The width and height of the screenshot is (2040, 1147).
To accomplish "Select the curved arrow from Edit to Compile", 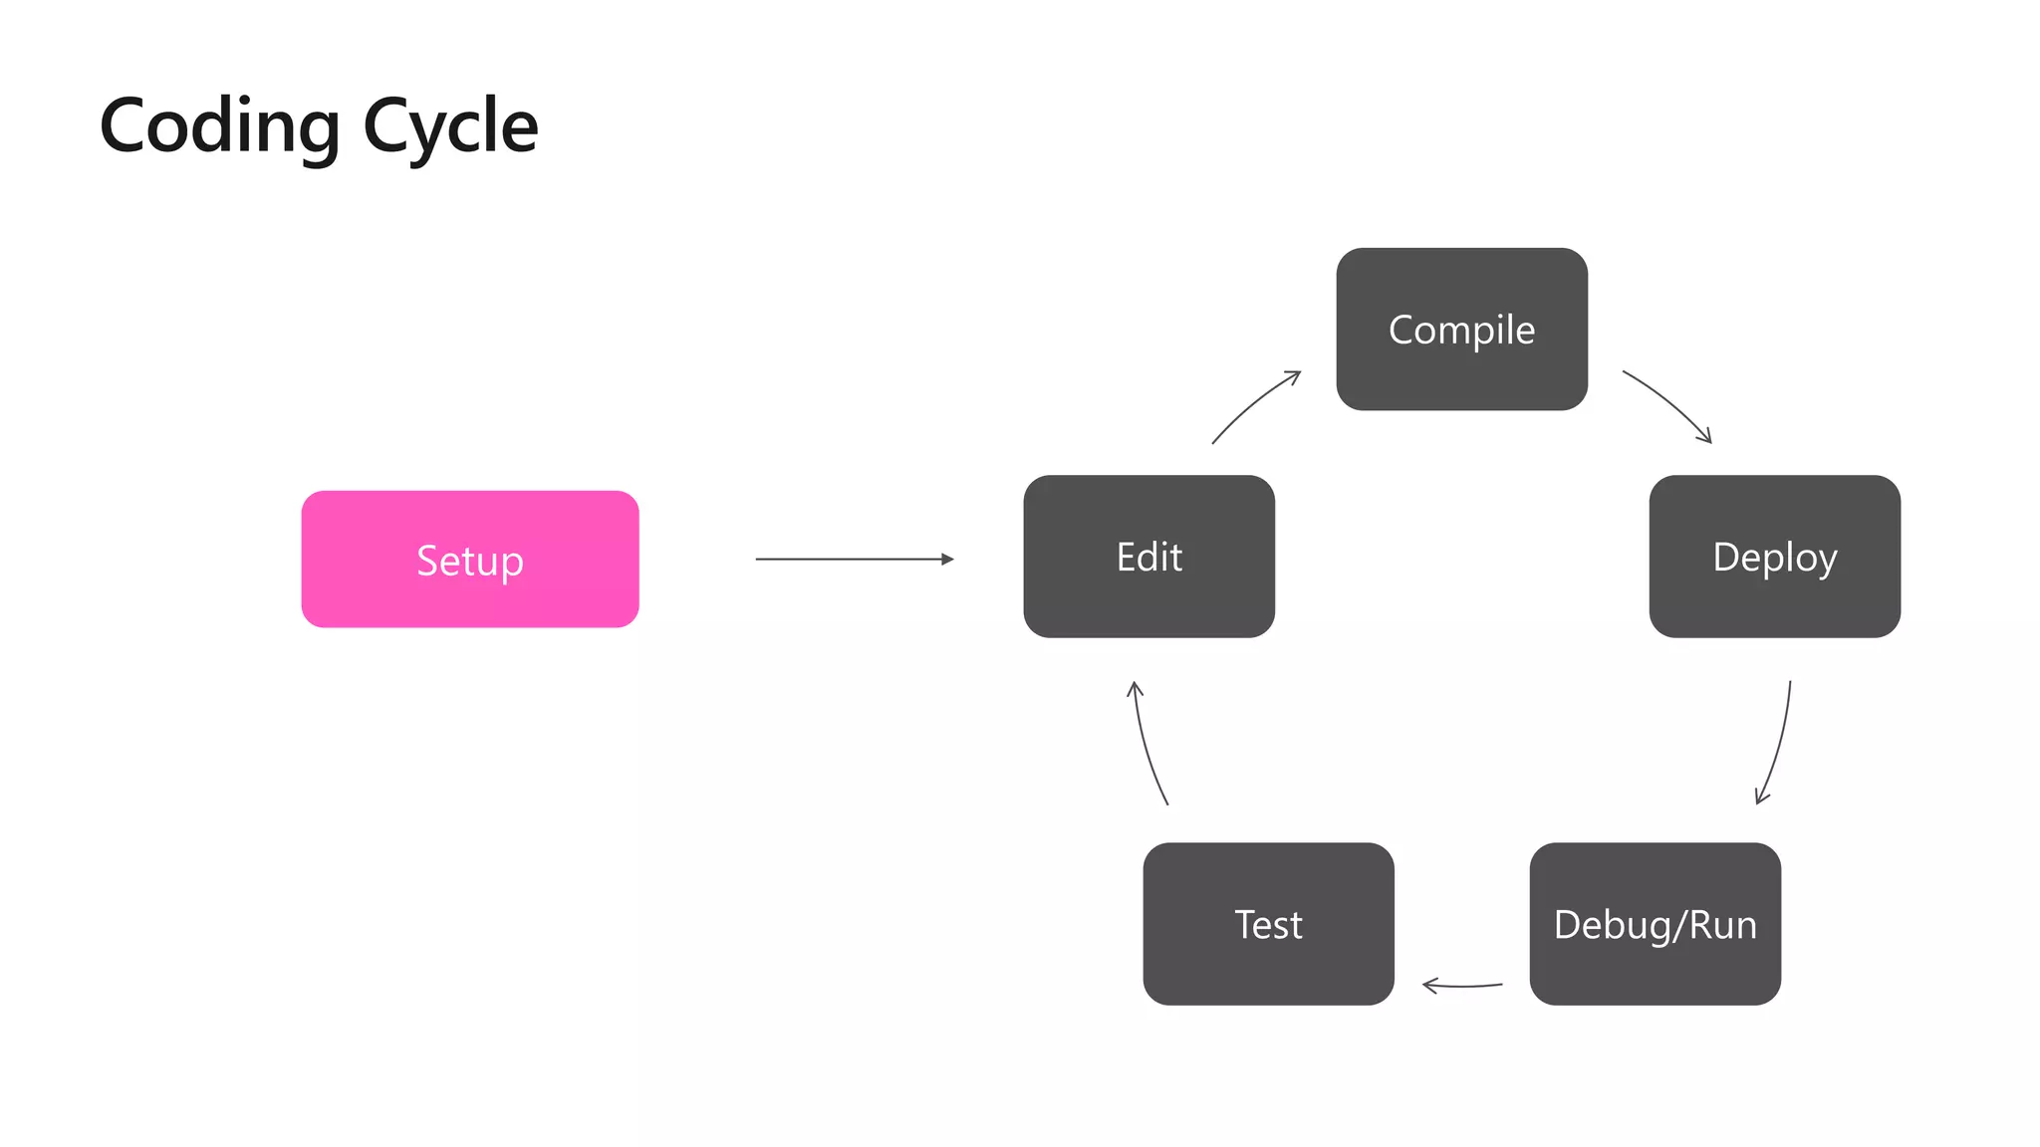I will tap(1253, 403).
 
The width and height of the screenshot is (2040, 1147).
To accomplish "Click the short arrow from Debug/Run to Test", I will tap(1464, 986).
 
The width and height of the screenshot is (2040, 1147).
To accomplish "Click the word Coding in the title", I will tap(220, 126).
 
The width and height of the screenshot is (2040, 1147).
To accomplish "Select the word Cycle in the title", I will tap(450, 126).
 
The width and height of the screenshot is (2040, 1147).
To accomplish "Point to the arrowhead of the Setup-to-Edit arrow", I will tap(947, 560).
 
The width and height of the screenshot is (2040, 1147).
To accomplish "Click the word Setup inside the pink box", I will tap(470, 561).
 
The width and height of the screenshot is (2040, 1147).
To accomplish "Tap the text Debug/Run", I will tap(1655, 925).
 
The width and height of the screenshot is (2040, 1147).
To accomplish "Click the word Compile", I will tap(1461, 330).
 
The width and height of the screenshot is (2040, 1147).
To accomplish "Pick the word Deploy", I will tap(1774, 558).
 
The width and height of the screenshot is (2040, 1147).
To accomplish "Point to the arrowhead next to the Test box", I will tap(1429, 986).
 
